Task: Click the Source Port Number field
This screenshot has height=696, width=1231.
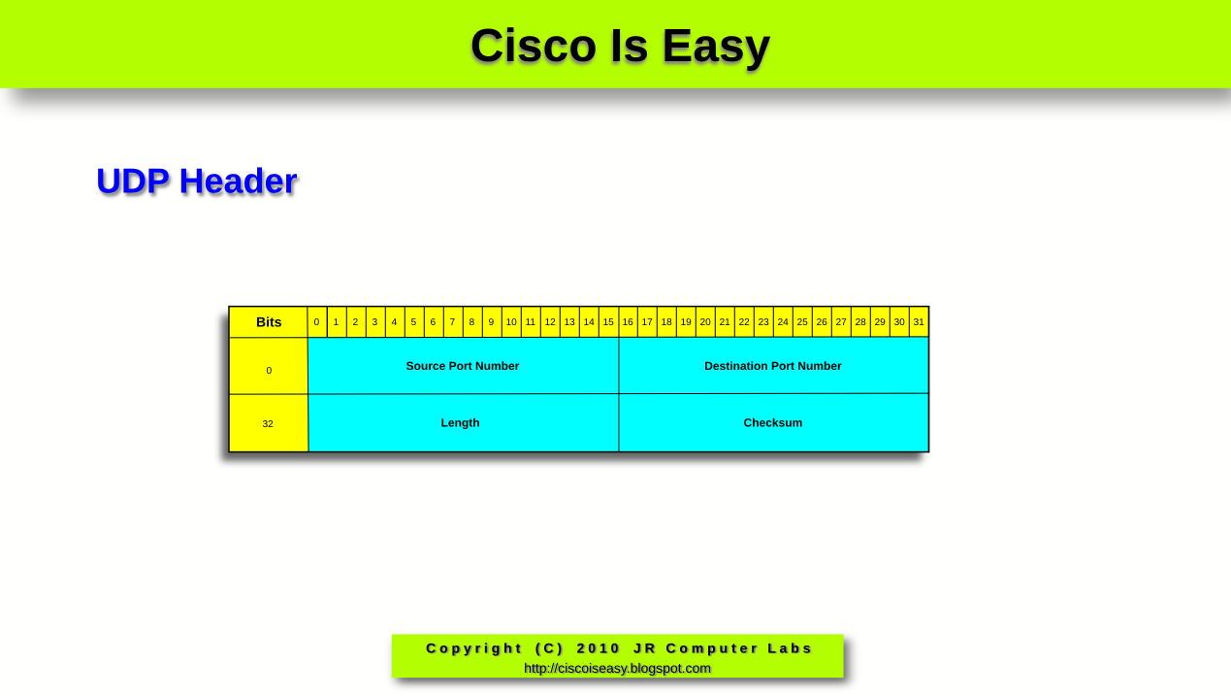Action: [463, 366]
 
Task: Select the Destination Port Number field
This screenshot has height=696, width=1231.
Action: [773, 366]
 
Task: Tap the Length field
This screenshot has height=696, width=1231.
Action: [461, 423]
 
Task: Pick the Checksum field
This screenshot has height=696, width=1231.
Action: [773, 423]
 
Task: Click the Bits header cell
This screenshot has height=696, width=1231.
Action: [269, 322]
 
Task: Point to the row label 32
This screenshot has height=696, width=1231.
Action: [268, 423]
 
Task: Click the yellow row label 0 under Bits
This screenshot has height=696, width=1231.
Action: [269, 370]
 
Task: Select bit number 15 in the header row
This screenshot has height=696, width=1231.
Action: [608, 322]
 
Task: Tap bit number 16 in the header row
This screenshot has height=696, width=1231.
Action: [628, 322]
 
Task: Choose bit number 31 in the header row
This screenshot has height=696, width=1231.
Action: [919, 322]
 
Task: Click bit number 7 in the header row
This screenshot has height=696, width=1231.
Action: [452, 322]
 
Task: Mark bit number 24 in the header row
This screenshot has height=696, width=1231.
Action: [783, 322]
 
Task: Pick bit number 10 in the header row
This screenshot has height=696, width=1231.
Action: [511, 322]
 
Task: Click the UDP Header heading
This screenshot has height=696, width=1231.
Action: [196, 182]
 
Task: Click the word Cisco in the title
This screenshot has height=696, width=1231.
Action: [533, 46]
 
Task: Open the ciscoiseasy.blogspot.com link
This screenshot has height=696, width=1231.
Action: [617, 668]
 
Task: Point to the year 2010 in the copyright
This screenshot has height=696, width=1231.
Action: [599, 648]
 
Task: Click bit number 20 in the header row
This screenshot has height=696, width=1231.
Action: [705, 322]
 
